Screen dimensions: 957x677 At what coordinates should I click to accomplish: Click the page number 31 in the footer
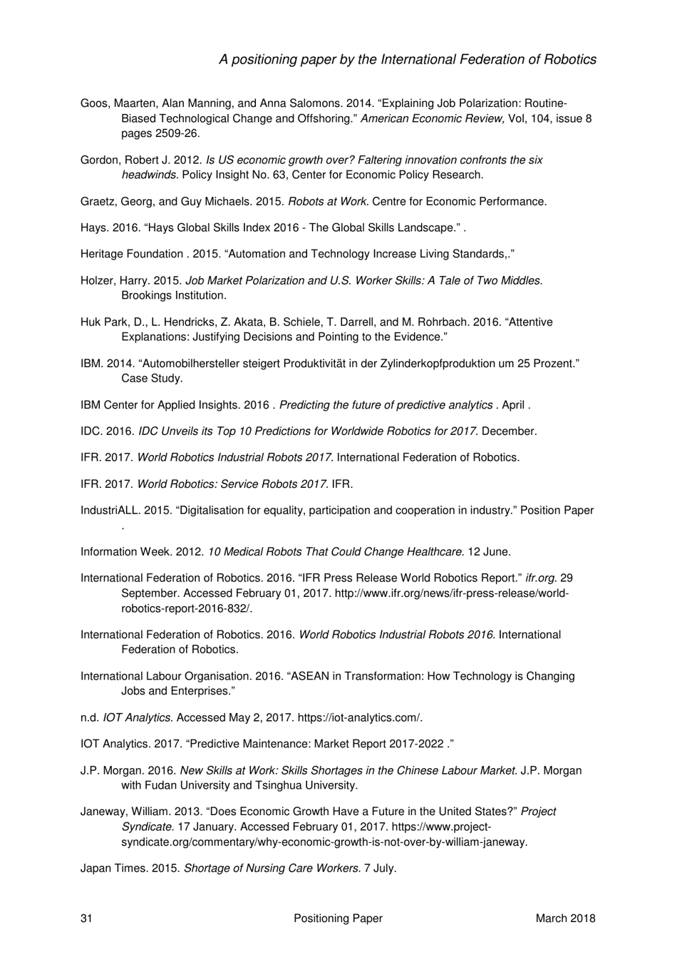86,918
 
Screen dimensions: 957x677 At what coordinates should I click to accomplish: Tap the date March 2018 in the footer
565,918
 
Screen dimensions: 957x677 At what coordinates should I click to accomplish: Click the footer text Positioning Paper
338,918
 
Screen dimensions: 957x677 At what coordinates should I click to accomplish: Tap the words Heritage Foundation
132,254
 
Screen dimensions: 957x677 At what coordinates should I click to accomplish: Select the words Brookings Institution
173,295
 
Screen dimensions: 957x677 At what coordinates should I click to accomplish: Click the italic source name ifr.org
541,578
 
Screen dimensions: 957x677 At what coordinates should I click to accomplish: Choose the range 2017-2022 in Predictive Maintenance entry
416,744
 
